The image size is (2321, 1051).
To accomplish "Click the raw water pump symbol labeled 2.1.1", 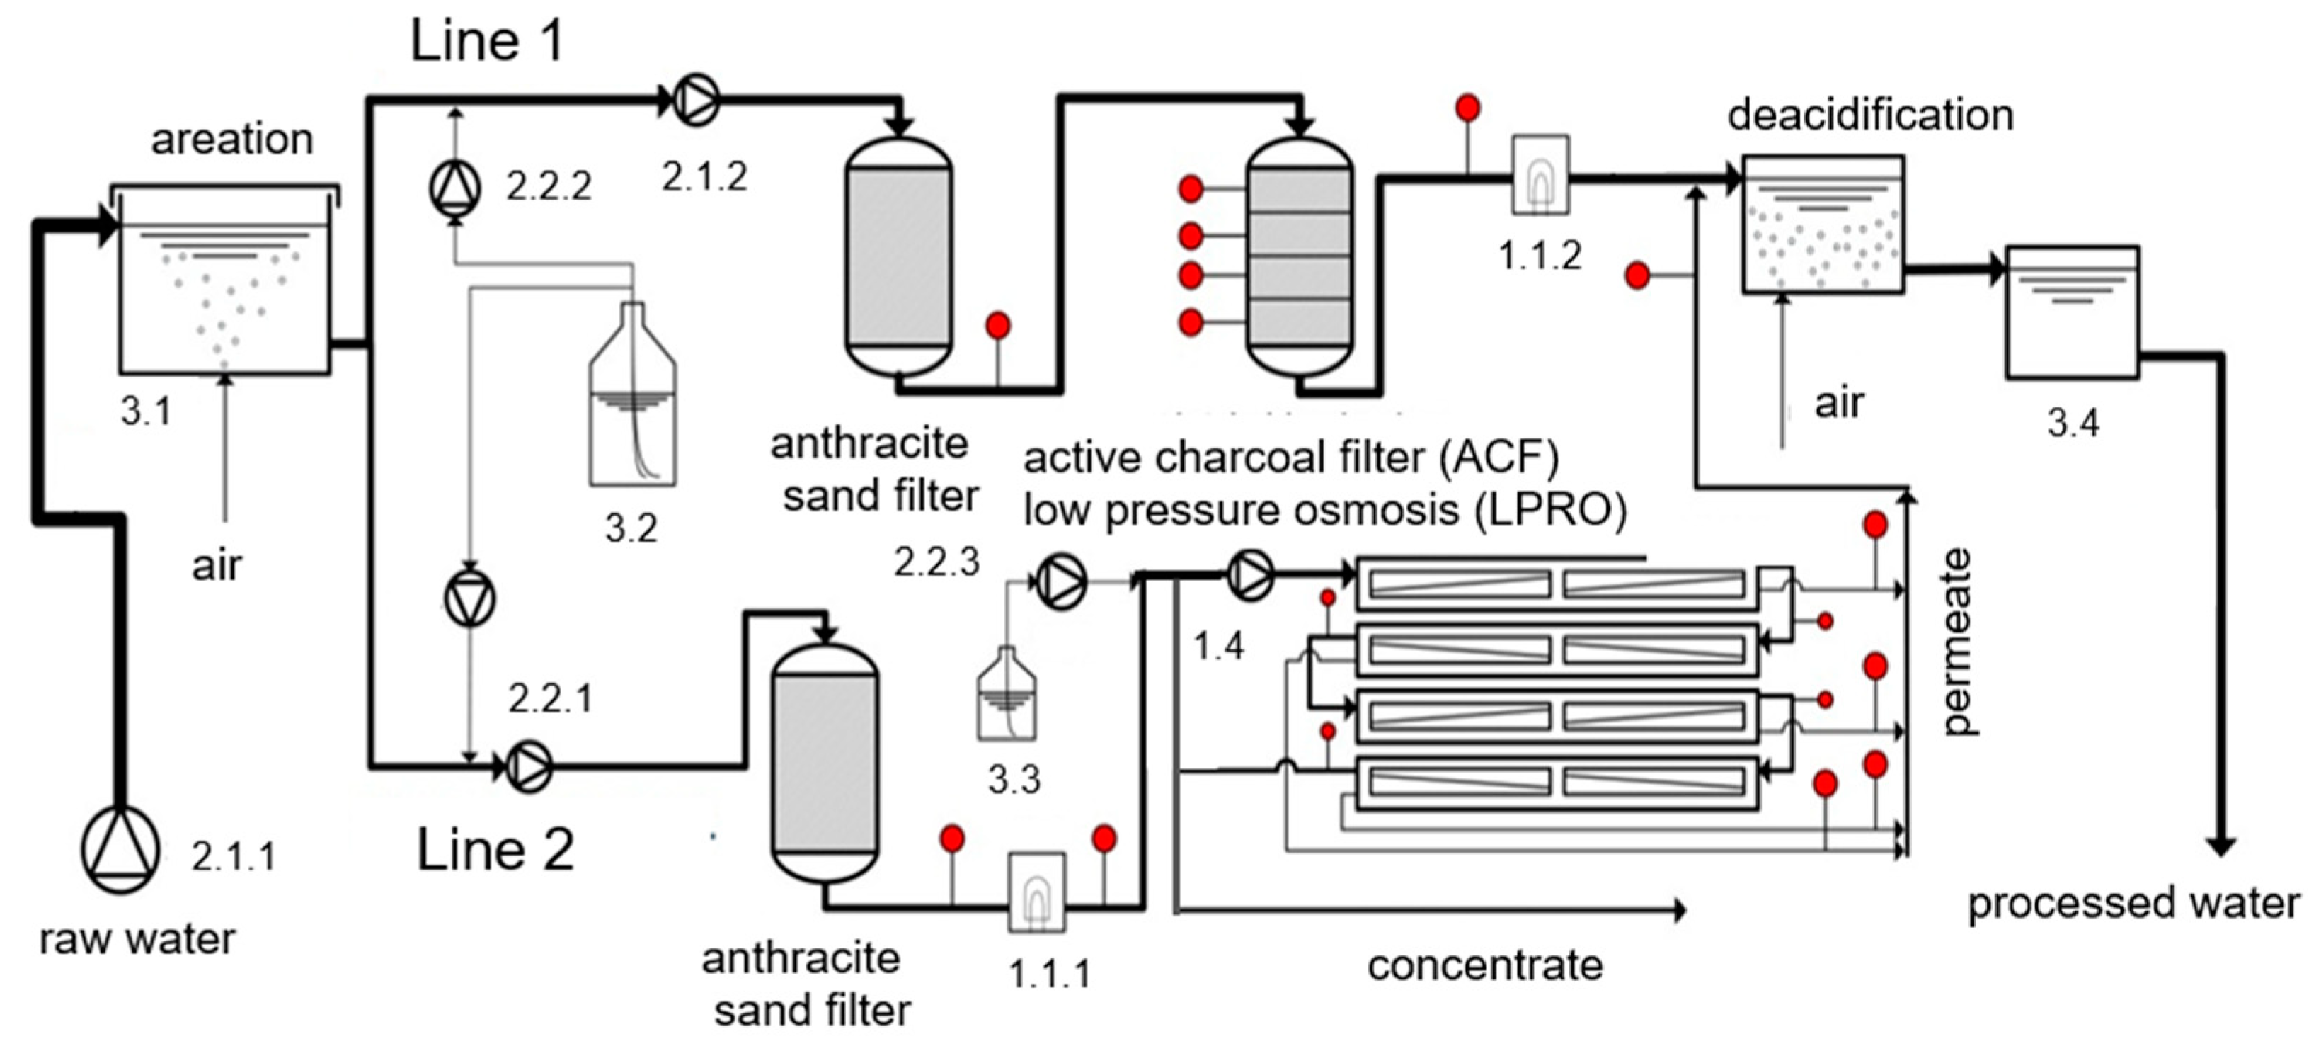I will click(120, 850).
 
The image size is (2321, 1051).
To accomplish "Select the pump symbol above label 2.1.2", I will click(697, 100).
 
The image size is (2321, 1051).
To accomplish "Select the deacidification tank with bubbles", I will click(1823, 225).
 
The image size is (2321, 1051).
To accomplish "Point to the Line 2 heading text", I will click(495, 850).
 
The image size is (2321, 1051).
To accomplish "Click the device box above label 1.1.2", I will click(1540, 175).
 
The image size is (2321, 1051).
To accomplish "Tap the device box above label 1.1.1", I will click(1036, 892).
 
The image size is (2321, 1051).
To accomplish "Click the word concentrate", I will click(1485, 965).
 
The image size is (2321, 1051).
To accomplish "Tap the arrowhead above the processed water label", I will click(2221, 846).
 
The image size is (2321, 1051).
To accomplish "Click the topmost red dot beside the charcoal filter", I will click(1191, 189).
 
